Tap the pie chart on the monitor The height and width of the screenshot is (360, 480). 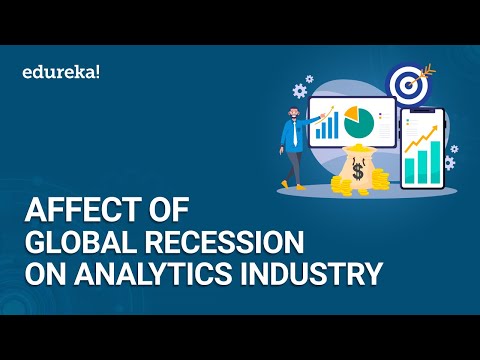coord(358,124)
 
